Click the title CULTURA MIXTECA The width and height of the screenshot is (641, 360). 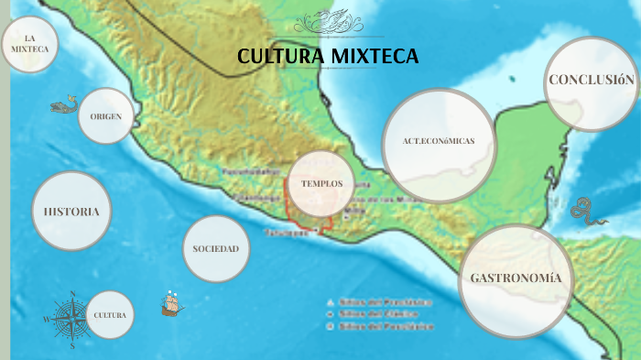click(327, 57)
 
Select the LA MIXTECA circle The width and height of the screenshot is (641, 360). click(29, 44)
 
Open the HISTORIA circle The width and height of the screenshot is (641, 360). click(71, 212)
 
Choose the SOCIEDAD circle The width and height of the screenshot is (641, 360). click(216, 249)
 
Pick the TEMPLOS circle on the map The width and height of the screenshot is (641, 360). click(321, 184)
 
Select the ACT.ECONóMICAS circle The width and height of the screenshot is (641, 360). click(439, 141)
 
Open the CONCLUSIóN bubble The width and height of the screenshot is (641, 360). click(591, 81)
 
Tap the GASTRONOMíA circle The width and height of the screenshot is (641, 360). click(515, 278)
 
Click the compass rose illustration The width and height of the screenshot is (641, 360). click(69, 320)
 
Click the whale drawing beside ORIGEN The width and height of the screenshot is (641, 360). click(61, 106)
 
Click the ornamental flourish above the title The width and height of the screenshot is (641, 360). click(327, 19)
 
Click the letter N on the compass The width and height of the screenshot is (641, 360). click(70, 295)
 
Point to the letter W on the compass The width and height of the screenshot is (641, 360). click(46, 320)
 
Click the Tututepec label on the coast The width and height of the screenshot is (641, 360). click(283, 233)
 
